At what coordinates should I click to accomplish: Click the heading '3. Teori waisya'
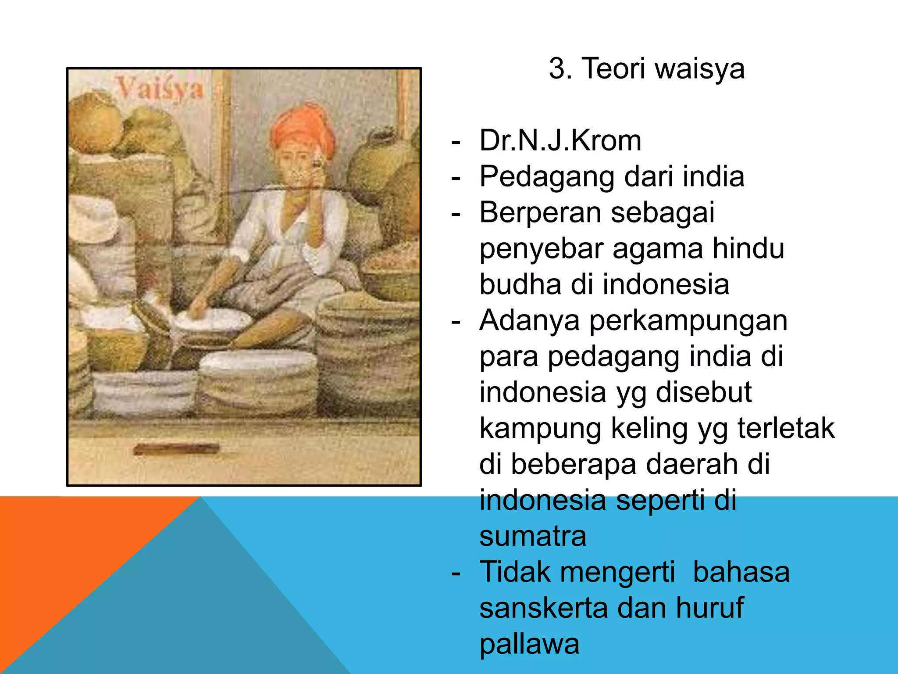(646, 69)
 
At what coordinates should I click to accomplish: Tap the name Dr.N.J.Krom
(560, 141)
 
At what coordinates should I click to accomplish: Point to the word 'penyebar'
(541, 249)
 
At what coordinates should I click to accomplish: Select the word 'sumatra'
(533, 536)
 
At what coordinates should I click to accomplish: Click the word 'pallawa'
(529, 644)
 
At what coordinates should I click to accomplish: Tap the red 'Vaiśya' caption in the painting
(160, 89)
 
